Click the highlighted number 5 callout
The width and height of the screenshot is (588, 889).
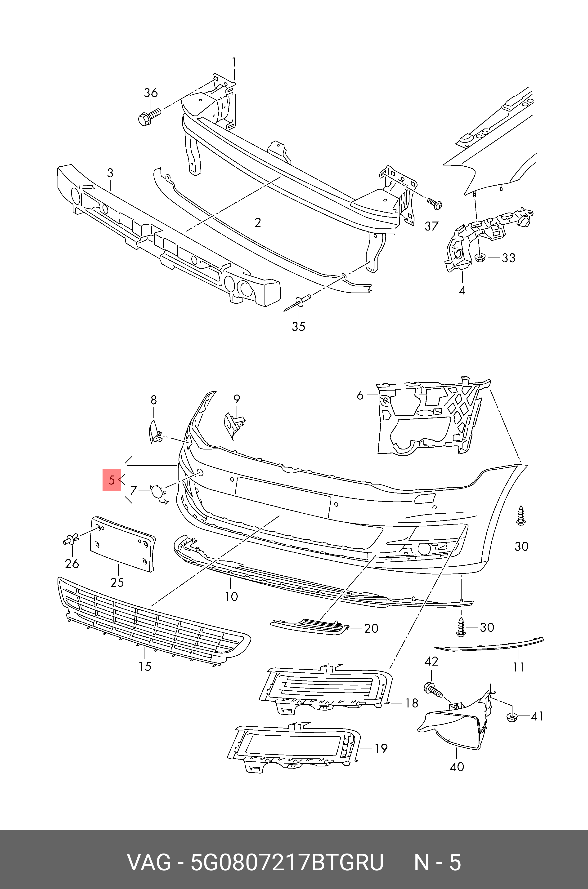pos(111,480)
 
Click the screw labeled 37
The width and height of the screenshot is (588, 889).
pos(435,204)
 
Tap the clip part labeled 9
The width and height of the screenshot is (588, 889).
pos(233,423)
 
